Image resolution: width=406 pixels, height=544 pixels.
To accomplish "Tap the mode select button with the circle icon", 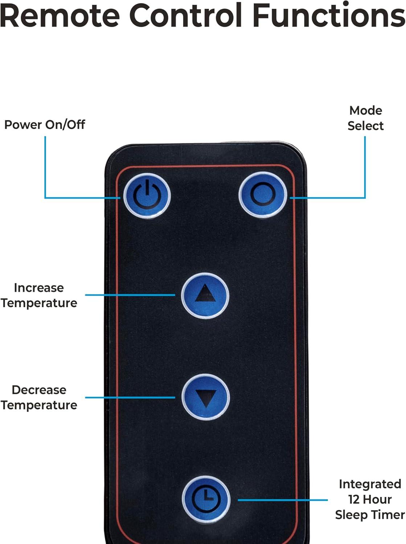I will (263, 194).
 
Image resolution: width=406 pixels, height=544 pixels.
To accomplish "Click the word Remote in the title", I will (60, 15).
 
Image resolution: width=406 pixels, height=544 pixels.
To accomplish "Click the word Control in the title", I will (185, 15).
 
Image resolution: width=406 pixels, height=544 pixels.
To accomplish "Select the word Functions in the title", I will (328, 15).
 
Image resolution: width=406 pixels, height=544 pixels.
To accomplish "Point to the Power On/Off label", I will (45, 125).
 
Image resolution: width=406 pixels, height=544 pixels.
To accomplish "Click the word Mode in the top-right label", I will (365, 111).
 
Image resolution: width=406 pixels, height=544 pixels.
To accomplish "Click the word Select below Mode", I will (365, 126).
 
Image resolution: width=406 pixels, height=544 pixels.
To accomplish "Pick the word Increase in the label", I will (39, 288).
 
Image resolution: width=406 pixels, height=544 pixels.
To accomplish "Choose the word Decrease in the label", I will (39, 390).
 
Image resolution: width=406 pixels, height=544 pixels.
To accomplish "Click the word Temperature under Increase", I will (39, 303).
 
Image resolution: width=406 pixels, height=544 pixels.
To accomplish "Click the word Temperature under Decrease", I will (39, 405).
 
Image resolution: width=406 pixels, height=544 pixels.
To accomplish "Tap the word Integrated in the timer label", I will (370, 484).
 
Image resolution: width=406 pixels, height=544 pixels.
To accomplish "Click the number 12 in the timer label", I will (353, 499).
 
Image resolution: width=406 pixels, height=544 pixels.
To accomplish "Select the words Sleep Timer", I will (370, 515).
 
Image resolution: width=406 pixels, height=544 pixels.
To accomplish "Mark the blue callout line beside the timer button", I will (283, 500).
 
